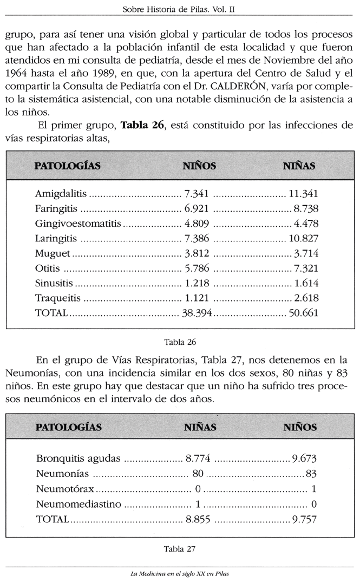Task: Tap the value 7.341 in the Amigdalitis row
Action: pos(197,194)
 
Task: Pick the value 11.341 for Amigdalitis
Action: pos(303,194)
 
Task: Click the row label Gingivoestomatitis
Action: pos(78,224)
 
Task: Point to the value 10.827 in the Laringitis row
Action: pos(303,238)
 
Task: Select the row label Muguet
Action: pos(53,253)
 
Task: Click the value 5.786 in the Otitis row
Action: pos(197,268)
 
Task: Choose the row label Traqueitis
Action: pos(58,298)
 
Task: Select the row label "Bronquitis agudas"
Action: pos(78,458)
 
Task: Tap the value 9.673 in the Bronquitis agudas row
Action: pos(304,458)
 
